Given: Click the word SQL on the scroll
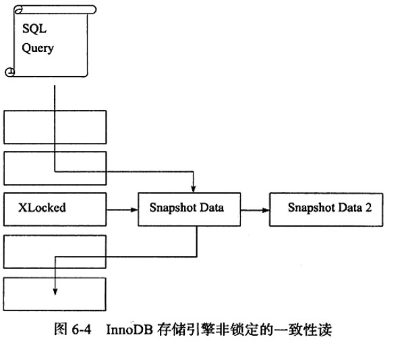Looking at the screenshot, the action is coord(34,28).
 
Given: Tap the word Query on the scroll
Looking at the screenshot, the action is coord(38,48).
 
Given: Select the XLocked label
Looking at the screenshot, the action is coord(42,208).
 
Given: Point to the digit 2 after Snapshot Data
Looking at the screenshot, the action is coord(368,207).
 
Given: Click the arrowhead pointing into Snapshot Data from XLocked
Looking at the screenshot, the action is coord(134,210).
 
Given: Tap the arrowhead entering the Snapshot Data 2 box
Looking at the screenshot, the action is coord(266,210).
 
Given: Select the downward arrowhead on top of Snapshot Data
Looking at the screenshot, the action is coord(194,189).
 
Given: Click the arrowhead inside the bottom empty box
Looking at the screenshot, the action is coord(55,291).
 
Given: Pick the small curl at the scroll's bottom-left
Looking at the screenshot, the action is coord(10,72).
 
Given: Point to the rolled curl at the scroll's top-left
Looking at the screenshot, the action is coord(19,10).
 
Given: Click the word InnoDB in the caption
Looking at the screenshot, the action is coord(129,330).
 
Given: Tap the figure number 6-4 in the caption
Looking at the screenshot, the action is coord(81,330).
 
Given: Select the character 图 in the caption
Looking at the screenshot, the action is coord(61,329).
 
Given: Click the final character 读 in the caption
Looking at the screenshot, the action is coord(324,330).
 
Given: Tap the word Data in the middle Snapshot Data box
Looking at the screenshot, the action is coord(212,208).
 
